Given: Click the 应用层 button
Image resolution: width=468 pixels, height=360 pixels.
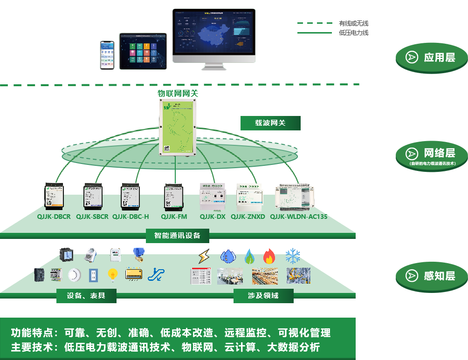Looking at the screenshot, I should [431, 58].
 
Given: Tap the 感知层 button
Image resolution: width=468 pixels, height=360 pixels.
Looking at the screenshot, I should [431, 276].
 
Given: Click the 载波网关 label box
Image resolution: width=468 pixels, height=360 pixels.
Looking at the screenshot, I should [270, 123].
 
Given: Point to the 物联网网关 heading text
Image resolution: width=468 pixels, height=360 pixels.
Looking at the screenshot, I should [178, 93].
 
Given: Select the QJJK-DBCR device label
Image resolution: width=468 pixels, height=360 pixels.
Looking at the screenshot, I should [54, 217].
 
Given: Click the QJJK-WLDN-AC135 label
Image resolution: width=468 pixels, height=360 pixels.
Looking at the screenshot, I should [299, 217].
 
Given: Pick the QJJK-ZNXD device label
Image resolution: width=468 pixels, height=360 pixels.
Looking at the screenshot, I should [248, 217].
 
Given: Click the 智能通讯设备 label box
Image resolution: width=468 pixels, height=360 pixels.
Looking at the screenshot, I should [177, 236].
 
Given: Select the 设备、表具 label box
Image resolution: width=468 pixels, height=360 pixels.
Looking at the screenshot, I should [86, 296].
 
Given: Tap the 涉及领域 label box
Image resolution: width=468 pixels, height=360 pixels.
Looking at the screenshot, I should [263, 296].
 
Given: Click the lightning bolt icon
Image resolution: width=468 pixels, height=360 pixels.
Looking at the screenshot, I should [204, 257].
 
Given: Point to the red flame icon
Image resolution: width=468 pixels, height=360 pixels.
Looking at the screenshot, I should [269, 256].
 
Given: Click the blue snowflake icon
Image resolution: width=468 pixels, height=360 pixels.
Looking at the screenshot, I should [293, 256].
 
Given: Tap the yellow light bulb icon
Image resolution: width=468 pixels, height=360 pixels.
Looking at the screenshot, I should [112, 275].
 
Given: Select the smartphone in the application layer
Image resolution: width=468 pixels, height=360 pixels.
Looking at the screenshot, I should [107, 55].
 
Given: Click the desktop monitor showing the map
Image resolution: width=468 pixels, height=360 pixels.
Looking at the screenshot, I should [214, 35].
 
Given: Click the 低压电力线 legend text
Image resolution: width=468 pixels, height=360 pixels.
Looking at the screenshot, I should [354, 33].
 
